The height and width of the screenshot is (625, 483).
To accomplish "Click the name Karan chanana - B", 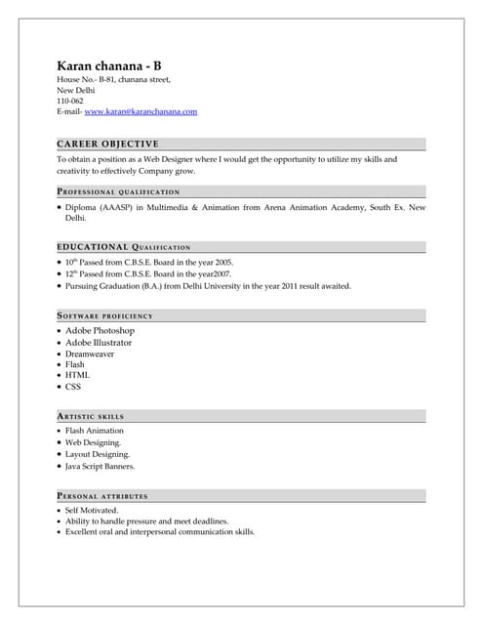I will point(116,65).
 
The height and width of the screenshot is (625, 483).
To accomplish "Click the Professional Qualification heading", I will point(118,191).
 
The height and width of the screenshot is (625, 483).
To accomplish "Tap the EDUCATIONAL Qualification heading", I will point(124,247).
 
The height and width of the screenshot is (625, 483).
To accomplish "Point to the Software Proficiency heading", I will point(105,315).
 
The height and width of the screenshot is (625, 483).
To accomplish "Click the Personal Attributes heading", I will point(102,496).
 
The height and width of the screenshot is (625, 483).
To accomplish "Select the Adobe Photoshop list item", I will point(100,331).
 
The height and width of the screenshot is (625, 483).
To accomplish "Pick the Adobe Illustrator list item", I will point(99,343).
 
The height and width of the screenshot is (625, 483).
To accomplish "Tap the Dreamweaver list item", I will point(90,354).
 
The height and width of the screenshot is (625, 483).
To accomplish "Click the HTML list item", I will point(77,375).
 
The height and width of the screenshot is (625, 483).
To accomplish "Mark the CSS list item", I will point(73,386).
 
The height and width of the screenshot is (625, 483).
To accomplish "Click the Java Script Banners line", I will point(101,466).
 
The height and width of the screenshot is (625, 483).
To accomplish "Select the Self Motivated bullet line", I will point(92,510).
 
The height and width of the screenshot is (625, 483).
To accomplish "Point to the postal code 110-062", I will point(70,101).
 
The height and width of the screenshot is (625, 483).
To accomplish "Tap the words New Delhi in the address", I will point(76,90).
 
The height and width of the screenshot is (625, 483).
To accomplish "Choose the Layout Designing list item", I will point(98,454).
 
